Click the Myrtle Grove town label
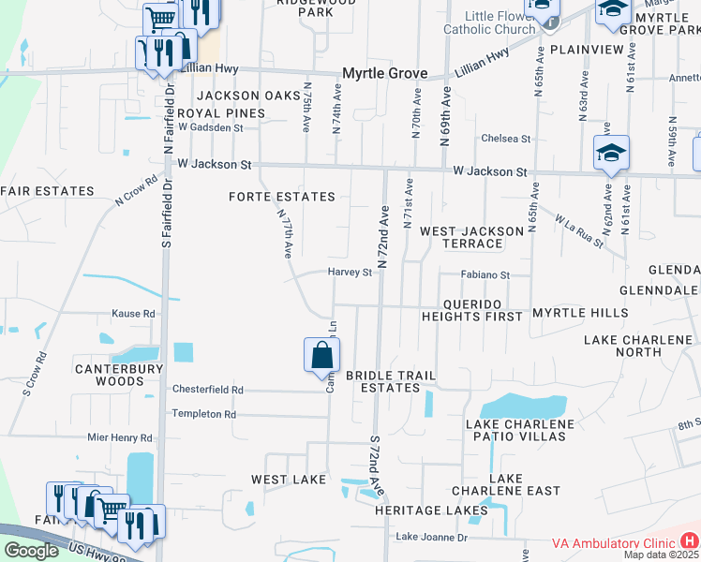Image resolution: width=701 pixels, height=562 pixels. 384,73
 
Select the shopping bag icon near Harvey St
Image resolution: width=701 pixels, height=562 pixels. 321,356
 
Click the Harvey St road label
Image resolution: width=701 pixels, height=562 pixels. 350,273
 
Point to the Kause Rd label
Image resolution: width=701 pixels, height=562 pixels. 133,314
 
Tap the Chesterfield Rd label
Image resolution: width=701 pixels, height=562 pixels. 207,389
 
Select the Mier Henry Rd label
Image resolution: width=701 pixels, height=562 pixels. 119,437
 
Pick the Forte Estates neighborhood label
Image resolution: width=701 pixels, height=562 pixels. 282,197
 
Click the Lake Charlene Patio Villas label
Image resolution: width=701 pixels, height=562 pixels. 519,430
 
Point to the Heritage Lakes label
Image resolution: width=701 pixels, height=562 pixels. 420,510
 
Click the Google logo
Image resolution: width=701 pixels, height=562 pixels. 31,550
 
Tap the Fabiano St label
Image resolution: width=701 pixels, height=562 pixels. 485,275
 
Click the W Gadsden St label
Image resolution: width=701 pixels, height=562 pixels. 210,127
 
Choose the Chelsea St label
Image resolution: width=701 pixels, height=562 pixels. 505,139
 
